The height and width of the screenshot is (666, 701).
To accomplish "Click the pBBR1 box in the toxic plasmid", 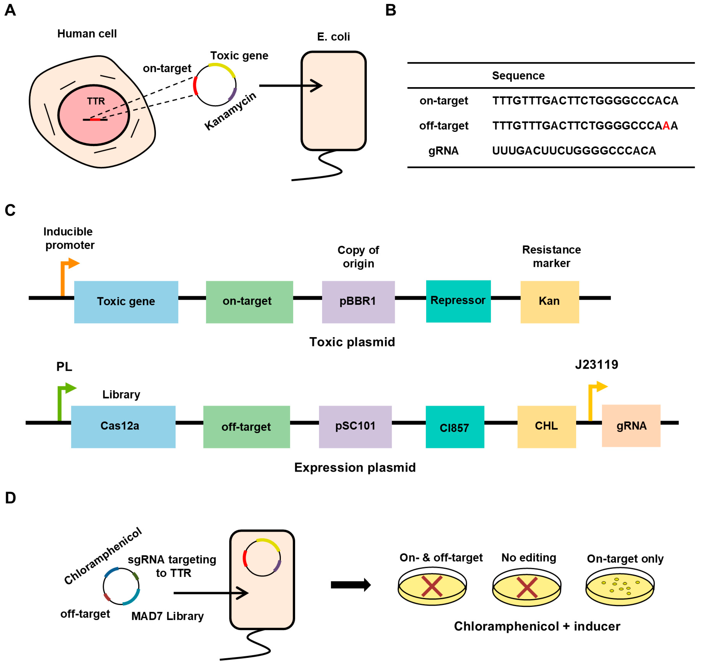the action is click(358, 302).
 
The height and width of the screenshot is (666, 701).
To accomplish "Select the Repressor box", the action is click(458, 301).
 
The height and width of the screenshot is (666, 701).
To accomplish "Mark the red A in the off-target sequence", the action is click(666, 126).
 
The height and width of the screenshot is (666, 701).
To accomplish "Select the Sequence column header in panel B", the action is click(518, 76).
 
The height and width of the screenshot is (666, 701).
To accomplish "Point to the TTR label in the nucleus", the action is click(96, 101).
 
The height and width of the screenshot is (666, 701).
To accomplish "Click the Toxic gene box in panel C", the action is click(126, 302).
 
